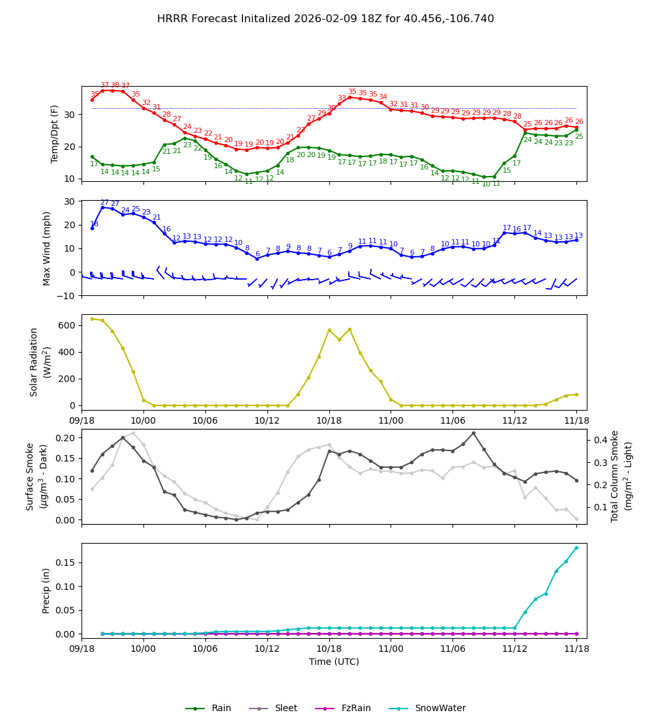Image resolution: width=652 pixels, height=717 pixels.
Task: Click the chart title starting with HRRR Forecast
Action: tap(325, 19)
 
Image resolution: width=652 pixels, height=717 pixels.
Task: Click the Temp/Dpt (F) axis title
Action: tap(55, 134)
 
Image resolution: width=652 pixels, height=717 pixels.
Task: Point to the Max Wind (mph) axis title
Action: tap(47, 248)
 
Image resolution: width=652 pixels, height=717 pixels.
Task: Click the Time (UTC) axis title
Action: tap(334, 662)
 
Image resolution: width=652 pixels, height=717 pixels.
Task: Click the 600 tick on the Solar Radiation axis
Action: tap(67, 325)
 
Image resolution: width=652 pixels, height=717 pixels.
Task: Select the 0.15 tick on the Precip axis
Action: tap(64, 563)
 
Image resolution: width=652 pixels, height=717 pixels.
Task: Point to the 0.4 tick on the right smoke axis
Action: tap(599, 440)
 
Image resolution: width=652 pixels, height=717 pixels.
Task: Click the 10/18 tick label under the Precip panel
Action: tap(329, 649)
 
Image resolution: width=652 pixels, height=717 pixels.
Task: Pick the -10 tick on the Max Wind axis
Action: tap(65, 296)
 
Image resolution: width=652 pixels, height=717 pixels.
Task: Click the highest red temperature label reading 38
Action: tap(115, 85)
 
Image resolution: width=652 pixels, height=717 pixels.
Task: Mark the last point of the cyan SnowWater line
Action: tap(576, 548)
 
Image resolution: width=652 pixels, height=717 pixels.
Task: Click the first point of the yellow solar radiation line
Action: tap(92, 319)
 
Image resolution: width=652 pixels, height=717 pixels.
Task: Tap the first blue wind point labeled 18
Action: tap(92, 228)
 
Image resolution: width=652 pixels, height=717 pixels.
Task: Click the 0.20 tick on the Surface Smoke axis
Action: tap(64, 437)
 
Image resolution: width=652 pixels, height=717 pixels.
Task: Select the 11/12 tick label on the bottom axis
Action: tap(514, 649)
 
